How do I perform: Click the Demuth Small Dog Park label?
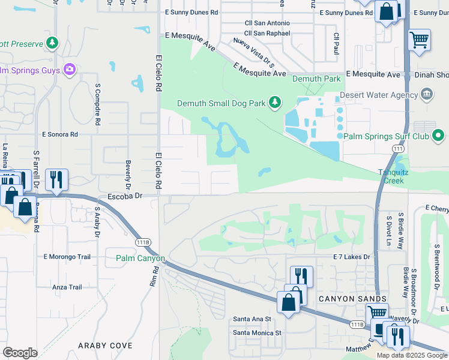click(x=221, y=103)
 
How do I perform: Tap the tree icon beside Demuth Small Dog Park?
click(x=275, y=103)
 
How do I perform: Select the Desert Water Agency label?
click(x=378, y=95)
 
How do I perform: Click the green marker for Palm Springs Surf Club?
click(x=438, y=136)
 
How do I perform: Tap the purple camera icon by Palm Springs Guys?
click(x=70, y=70)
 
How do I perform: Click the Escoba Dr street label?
click(x=125, y=196)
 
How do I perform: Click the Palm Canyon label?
click(x=140, y=258)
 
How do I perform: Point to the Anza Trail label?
click(x=67, y=287)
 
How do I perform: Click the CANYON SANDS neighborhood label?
click(x=343, y=299)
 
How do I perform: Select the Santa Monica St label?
click(x=257, y=332)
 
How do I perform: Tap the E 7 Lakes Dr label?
click(x=352, y=257)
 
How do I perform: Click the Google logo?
click(x=20, y=353)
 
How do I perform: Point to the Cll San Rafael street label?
click(x=267, y=34)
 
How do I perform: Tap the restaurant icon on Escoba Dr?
click(x=56, y=179)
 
